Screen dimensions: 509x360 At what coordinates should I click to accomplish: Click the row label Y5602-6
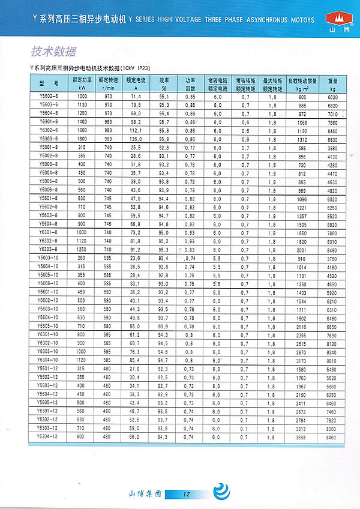(x=49, y=97)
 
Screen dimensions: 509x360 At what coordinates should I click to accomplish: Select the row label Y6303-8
(x=49, y=249)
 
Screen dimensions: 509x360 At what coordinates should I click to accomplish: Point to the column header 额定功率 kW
(x=82, y=83)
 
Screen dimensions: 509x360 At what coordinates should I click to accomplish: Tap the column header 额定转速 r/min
(x=109, y=83)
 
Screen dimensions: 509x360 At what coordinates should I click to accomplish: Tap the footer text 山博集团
(x=146, y=493)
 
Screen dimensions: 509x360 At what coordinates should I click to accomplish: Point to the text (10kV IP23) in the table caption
(x=138, y=70)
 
